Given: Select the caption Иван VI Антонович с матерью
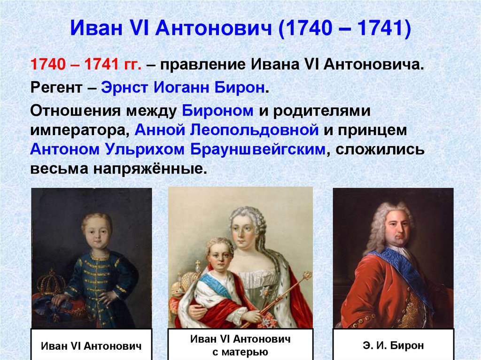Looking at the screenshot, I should [240, 345].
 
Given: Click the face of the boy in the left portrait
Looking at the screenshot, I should [96, 230].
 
